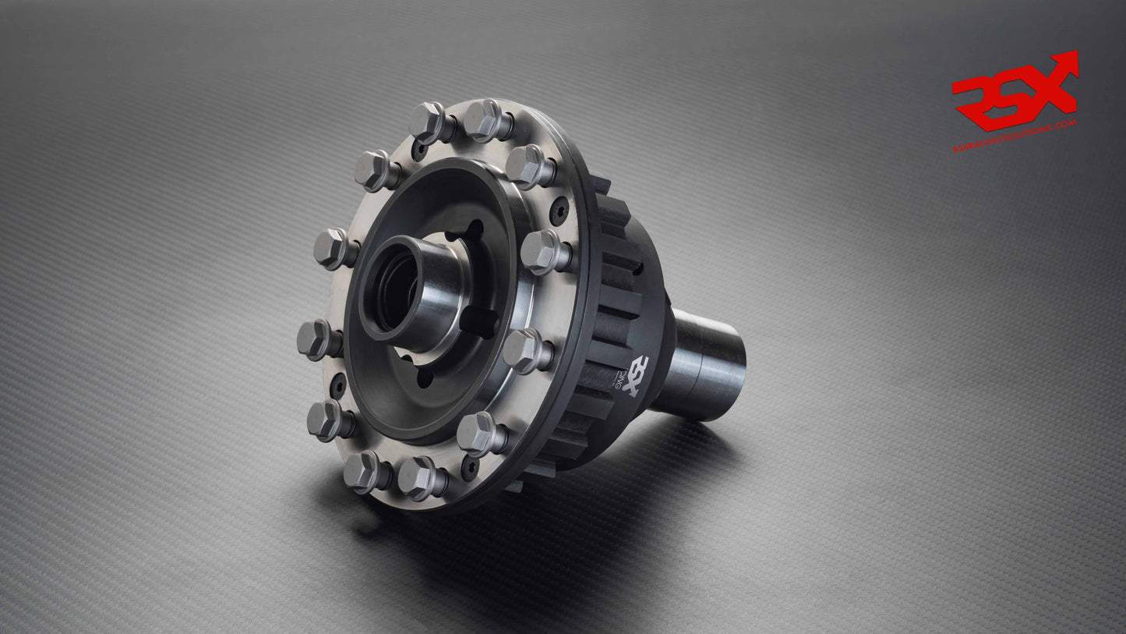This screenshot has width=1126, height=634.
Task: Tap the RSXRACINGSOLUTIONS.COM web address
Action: point(1015,136)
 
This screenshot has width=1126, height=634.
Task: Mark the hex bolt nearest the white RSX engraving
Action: point(525,350)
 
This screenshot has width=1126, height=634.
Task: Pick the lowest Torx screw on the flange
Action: point(469,468)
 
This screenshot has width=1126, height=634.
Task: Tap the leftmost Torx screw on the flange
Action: point(338,384)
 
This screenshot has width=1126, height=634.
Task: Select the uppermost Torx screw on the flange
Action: point(421,148)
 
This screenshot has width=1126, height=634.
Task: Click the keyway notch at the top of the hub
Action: point(472,228)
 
